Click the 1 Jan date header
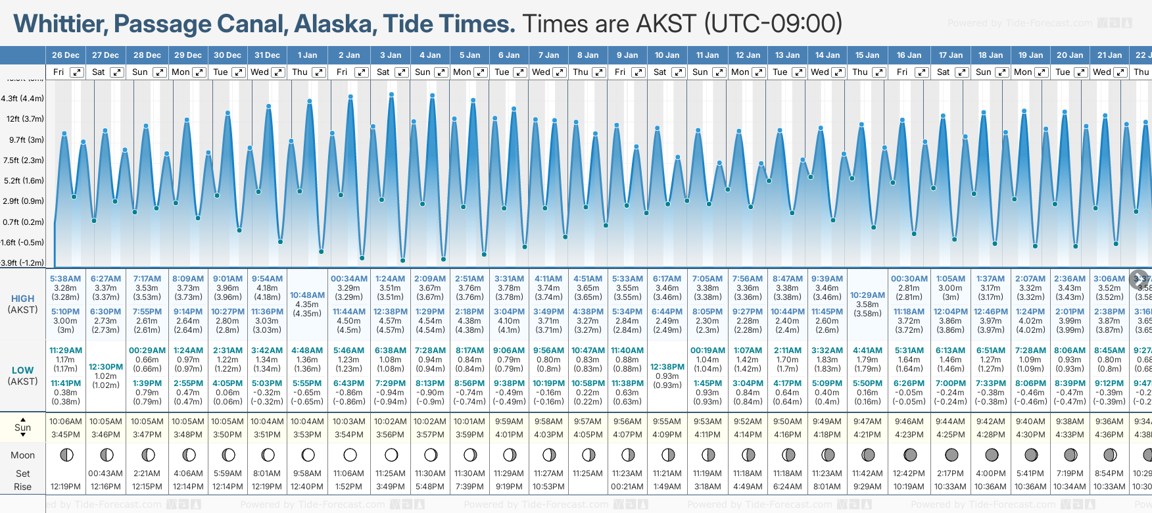pyautogui.click(x=307, y=55)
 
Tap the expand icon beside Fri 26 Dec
pyautogui.click(x=77, y=72)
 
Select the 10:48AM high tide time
pyautogui.click(x=307, y=295)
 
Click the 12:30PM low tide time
pyautogui.click(x=106, y=367)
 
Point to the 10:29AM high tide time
pyautogui.click(x=867, y=295)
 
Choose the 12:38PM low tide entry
pyautogui.click(x=667, y=367)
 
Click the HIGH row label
pyautogui.click(x=23, y=299)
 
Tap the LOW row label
pyautogui.click(x=23, y=370)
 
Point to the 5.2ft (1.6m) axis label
pyautogui.click(x=24, y=181)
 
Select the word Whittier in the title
pyautogui.click(x=60, y=24)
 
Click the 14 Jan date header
pyautogui.click(x=827, y=55)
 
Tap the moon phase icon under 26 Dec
pyautogui.click(x=66, y=454)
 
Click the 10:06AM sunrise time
pyautogui.click(x=66, y=422)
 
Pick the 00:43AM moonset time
pyautogui.click(x=106, y=474)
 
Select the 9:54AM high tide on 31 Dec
pyautogui.click(x=267, y=279)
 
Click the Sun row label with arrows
pyautogui.click(x=23, y=427)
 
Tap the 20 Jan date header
pyautogui.click(x=1070, y=55)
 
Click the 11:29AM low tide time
pyautogui.click(x=66, y=351)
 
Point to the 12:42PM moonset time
pyautogui.click(x=909, y=474)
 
